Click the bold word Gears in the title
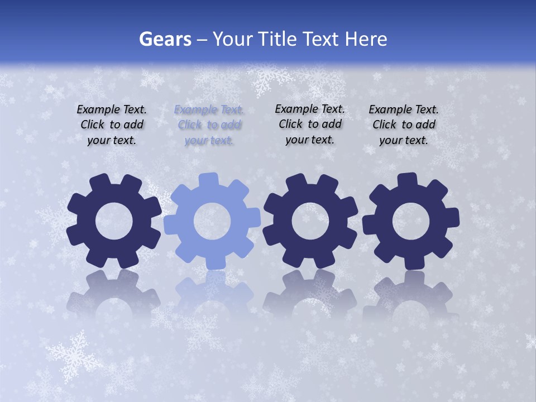coord(165,40)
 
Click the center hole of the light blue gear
coord(212,222)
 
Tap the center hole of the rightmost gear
coord(411,222)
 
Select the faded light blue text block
coord(209,125)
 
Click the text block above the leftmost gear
coord(112,125)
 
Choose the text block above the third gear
coord(310,124)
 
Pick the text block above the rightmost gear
coord(404,125)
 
